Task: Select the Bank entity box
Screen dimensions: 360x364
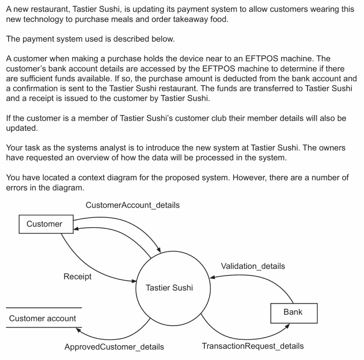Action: (x=293, y=313)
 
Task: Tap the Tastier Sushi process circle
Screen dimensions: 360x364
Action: (x=169, y=288)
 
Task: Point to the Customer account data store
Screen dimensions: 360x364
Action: (x=43, y=318)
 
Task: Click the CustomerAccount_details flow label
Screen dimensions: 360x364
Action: (x=133, y=205)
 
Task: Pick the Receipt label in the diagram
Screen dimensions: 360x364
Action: (x=77, y=277)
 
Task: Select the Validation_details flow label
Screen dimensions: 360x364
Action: (x=253, y=266)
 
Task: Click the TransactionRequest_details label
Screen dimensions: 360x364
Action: (x=253, y=346)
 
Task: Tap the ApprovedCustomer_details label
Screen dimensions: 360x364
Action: (x=114, y=347)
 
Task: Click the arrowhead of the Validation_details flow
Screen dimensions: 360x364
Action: (x=212, y=277)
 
